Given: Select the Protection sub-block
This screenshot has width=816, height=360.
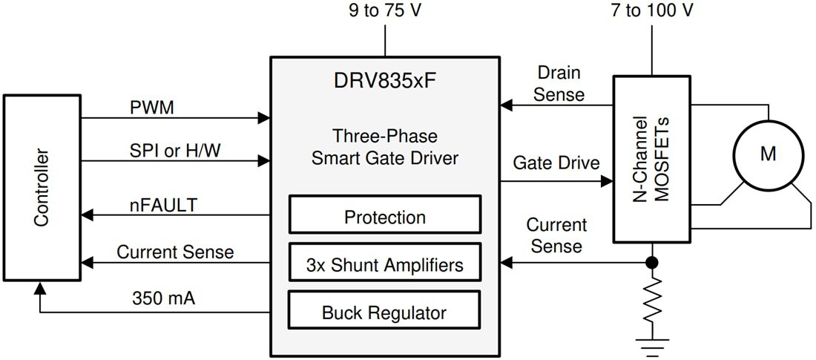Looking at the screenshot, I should [x=385, y=217].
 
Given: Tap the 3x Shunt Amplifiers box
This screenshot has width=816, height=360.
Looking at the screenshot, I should [x=385, y=265].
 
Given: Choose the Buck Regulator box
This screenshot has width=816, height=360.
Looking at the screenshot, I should [x=385, y=312].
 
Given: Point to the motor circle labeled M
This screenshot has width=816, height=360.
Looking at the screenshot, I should [x=769, y=154].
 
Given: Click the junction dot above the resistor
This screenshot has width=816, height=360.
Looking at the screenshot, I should [x=652, y=263].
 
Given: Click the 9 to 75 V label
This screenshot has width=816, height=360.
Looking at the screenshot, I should [x=385, y=11].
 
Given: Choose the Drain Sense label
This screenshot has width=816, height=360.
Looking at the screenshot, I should [x=559, y=84].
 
